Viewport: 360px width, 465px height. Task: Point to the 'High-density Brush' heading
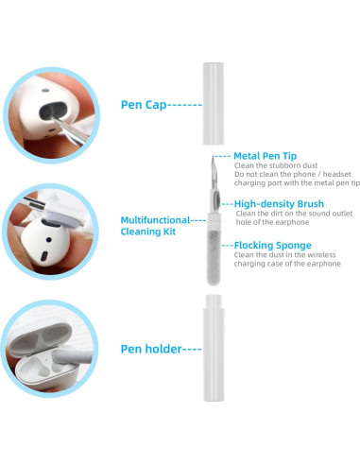pos(279,203)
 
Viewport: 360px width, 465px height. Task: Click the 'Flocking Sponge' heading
pos(272,245)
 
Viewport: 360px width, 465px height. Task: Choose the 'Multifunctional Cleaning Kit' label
pos(157,225)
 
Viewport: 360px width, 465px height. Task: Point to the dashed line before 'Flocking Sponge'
pos(227,245)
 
